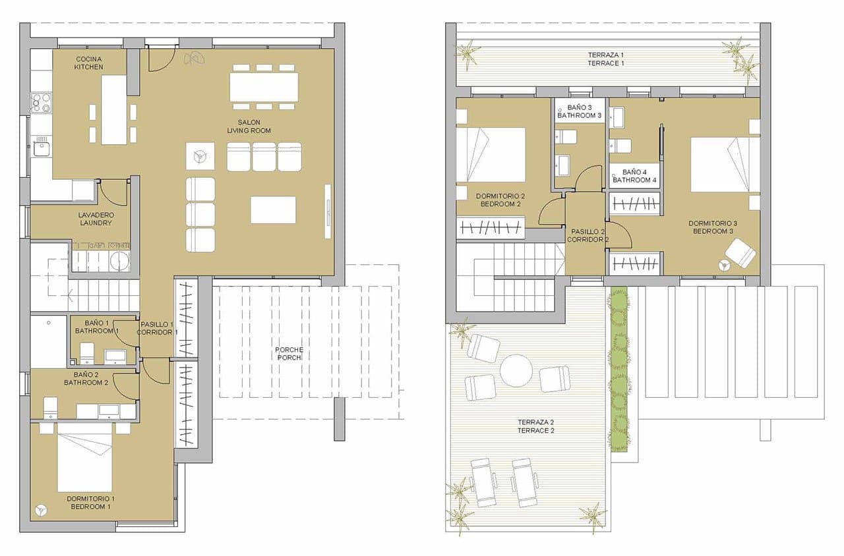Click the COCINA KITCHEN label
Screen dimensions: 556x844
88,63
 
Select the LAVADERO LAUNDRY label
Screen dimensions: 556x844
95,219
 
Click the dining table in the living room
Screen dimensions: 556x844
264,87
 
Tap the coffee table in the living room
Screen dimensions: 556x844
273,210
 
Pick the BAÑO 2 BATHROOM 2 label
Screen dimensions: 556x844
86,379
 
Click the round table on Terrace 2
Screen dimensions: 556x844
516,370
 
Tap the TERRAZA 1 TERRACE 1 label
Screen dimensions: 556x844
605,59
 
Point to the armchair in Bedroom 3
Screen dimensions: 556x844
741,253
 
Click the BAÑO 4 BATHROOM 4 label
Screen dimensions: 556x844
634,176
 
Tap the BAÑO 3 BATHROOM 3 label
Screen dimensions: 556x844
579,111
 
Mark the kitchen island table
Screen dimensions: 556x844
113,109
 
